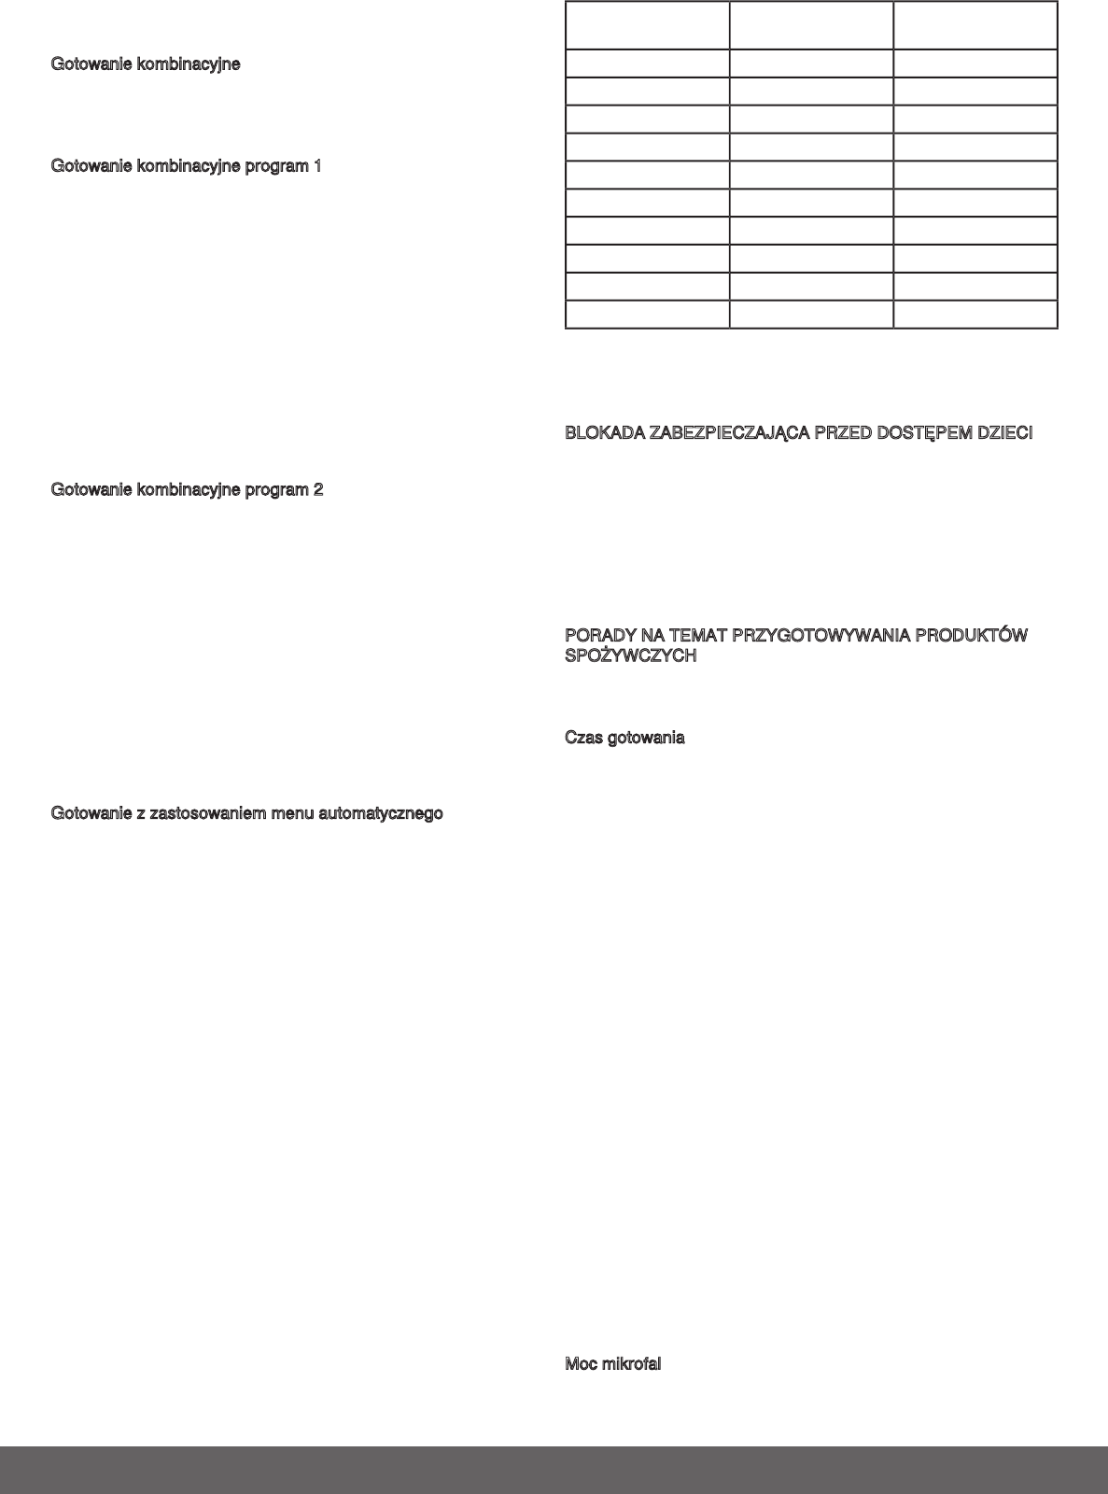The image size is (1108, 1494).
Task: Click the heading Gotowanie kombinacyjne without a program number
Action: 145,64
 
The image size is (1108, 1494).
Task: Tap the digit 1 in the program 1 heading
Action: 317,166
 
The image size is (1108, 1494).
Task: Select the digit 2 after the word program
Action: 318,489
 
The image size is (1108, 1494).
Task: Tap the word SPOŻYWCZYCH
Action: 631,656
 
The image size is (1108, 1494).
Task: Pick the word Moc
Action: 581,1363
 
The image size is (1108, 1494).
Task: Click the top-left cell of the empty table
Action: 647,25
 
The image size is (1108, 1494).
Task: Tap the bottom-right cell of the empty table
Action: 975,314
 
